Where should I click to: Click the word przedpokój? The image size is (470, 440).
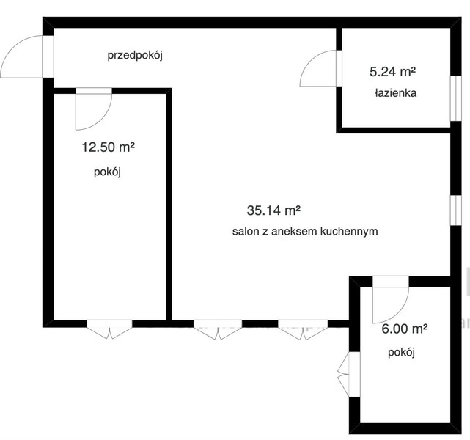(x=135, y=56)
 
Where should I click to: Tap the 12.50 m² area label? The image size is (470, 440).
(x=109, y=147)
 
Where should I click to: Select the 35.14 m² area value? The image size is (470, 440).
(x=273, y=210)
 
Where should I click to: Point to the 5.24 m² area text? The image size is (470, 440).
(x=393, y=72)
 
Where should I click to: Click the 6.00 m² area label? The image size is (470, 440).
(x=405, y=329)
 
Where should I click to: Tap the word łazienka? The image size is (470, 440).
(x=396, y=93)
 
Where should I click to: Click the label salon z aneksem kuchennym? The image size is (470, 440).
(x=305, y=232)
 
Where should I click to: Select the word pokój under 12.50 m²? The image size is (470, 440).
(x=107, y=172)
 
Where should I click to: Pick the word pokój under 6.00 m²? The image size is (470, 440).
(x=401, y=353)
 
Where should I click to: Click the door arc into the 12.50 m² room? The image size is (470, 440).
(x=103, y=120)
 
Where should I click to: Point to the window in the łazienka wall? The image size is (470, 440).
(x=456, y=98)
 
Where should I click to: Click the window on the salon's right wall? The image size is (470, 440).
(x=456, y=210)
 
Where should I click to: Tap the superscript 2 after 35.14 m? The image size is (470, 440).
(x=298, y=208)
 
